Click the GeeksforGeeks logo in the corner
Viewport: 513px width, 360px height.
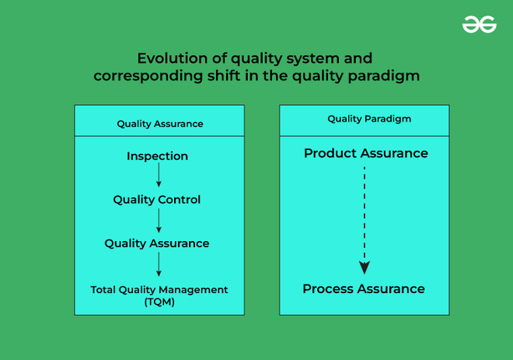[x=479, y=26]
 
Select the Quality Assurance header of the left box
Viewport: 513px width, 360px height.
[x=160, y=124]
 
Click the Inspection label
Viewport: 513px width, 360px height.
[x=158, y=156]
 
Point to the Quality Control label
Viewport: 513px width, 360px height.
[x=157, y=200]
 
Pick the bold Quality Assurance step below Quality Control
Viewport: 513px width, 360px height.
[x=157, y=243]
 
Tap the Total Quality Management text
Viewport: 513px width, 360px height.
[x=159, y=289]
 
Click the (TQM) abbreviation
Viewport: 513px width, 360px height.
[x=159, y=302]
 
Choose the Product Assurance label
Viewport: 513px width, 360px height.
[x=365, y=153]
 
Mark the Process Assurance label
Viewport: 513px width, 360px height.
[x=364, y=288]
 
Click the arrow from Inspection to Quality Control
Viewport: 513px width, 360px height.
[x=159, y=177]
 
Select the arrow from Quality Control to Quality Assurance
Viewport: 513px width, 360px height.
[x=159, y=221]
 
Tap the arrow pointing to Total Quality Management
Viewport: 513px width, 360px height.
[x=159, y=264]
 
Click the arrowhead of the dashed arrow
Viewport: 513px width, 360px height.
[x=364, y=267]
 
